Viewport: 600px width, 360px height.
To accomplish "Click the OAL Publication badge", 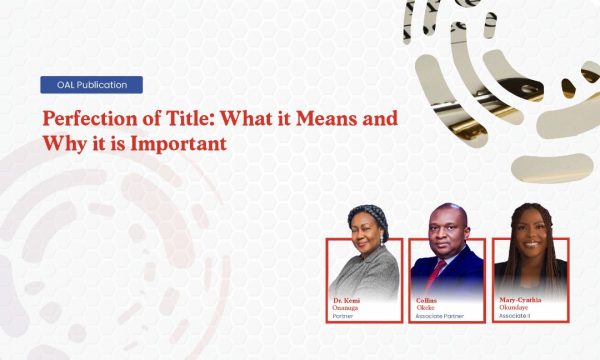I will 91,85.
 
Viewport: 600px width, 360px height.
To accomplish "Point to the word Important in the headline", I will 183,143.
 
